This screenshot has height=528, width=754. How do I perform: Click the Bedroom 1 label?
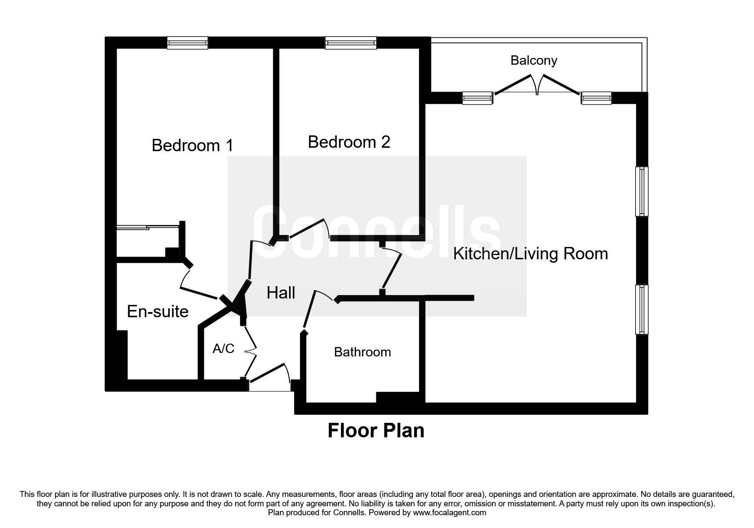click(192, 146)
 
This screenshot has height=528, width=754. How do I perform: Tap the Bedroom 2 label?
click(349, 142)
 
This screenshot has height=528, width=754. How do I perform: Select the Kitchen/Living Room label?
click(530, 254)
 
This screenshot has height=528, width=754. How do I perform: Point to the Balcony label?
click(533, 60)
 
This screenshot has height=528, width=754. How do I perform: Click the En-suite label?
click(158, 312)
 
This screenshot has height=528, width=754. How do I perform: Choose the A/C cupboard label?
click(224, 349)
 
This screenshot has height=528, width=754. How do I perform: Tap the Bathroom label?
click(362, 352)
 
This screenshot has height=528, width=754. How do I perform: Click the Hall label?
click(281, 293)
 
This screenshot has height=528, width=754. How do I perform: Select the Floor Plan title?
click(376, 430)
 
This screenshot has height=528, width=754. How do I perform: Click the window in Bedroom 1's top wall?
click(187, 43)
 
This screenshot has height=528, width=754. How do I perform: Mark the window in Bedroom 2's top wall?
click(351, 43)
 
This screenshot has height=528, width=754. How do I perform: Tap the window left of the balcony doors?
click(478, 98)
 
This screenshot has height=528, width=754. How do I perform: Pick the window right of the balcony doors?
click(597, 98)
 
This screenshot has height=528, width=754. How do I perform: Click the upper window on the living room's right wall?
click(642, 191)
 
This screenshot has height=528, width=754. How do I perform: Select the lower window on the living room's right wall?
click(642, 309)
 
